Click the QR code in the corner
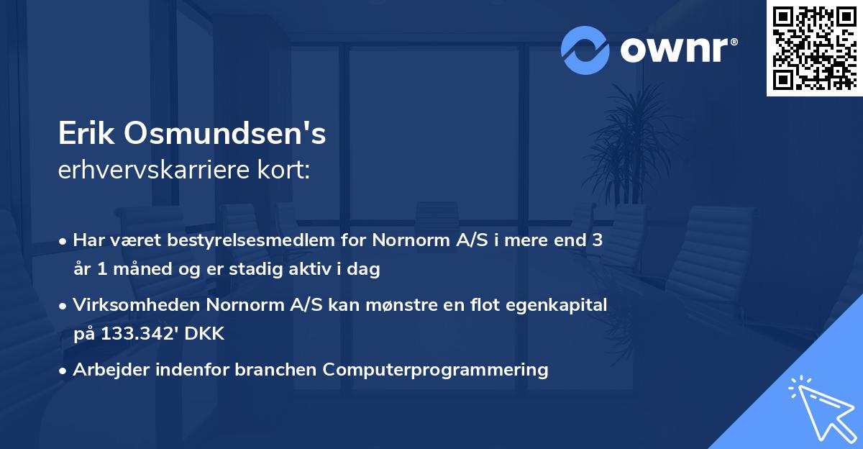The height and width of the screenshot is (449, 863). click(x=814, y=48)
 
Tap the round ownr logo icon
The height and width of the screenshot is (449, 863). click(x=585, y=50)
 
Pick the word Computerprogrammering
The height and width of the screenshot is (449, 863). click(x=435, y=369)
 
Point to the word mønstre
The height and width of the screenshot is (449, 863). click(x=394, y=305)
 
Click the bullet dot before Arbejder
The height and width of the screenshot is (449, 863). click(x=64, y=370)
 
